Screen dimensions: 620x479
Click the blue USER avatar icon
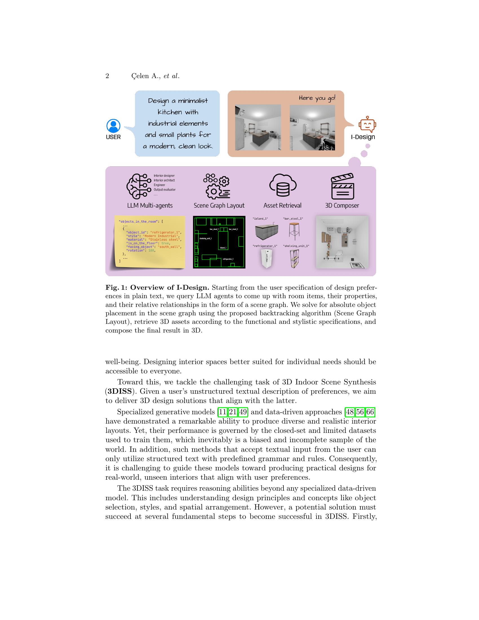(113, 126)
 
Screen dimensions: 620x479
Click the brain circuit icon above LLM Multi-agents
(138, 186)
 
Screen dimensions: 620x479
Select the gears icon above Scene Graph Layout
(216, 186)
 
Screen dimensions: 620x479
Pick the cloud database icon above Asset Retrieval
(282, 185)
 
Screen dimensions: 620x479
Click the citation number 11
(223, 412)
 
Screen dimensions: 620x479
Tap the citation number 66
(370, 412)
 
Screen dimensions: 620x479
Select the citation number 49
(243, 412)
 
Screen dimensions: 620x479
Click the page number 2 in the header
(107, 76)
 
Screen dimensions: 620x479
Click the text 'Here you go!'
(317, 98)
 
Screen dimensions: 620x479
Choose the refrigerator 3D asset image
(267, 258)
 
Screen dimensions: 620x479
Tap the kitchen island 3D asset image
(267, 231)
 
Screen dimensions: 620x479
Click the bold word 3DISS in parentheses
(119, 391)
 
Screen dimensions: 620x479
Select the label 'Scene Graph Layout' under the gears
(219, 205)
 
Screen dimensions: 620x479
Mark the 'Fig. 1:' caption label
(116, 287)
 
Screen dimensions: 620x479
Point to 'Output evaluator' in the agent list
(165, 189)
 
